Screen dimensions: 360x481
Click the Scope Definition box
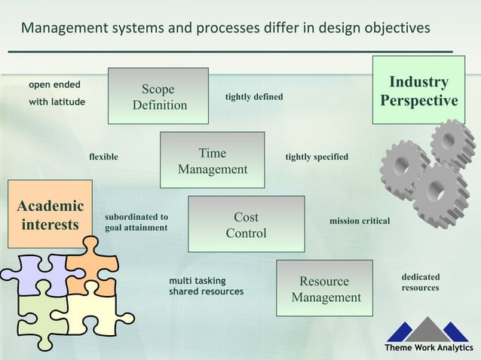[158, 96]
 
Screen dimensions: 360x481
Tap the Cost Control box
[246, 224]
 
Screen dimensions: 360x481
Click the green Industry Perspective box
[418, 91]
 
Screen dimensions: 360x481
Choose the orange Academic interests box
[50, 215]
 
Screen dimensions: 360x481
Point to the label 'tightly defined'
[254, 97]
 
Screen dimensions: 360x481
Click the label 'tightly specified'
[316, 157]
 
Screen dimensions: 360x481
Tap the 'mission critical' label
[359, 221]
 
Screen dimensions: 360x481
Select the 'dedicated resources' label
[420, 282]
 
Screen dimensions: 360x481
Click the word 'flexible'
[103, 157]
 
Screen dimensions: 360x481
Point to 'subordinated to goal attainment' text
[136, 222]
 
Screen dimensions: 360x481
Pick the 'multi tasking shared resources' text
[206, 286]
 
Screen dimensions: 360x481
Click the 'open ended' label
[54, 84]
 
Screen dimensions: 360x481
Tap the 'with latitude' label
[57, 102]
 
